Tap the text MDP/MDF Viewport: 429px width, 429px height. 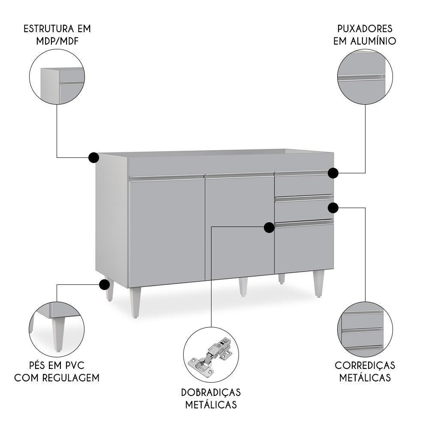(57, 41)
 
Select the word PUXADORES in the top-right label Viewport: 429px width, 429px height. (365, 29)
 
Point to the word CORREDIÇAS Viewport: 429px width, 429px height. (365, 366)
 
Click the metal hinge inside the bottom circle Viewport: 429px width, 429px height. (210, 354)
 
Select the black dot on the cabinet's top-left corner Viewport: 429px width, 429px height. (94, 157)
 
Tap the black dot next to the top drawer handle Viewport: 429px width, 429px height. (333, 173)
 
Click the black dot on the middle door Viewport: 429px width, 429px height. (269, 227)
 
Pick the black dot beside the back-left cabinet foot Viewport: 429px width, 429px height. (104, 284)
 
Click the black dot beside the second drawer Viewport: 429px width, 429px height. (333, 208)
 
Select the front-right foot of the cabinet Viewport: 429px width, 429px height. (318, 284)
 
